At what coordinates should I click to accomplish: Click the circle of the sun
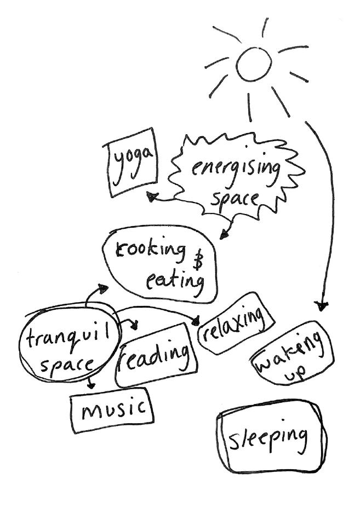254,64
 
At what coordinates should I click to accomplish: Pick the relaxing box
235,322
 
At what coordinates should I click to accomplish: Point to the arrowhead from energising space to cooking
223,235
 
